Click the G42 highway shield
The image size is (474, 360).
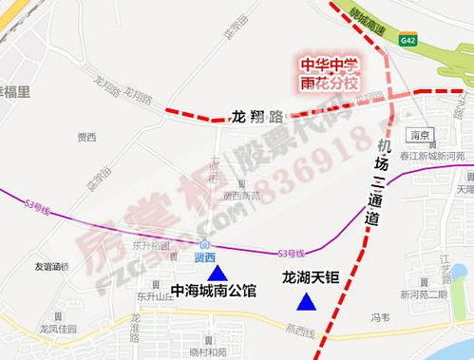tap(408, 40)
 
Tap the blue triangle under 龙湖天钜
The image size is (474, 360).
tap(306, 303)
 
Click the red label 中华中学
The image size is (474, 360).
tap(329, 66)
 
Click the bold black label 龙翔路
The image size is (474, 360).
tap(256, 118)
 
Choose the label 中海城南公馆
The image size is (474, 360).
tap(213, 292)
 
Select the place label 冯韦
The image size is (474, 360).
tap(379, 318)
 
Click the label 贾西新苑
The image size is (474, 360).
tap(241, 196)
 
